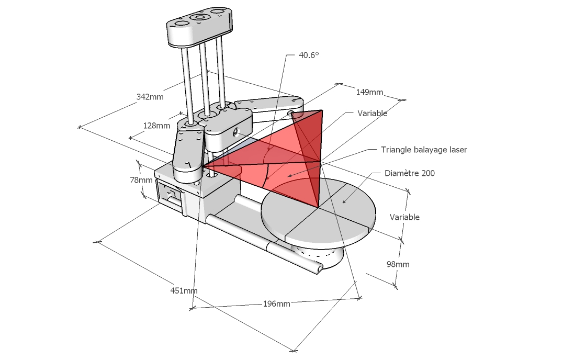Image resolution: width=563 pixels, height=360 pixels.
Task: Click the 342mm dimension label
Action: click(150, 97)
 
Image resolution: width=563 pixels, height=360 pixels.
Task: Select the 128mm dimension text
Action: click(157, 126)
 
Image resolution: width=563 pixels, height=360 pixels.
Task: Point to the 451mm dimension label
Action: click(184, 290)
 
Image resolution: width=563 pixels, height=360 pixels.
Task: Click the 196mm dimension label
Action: click(276, 304)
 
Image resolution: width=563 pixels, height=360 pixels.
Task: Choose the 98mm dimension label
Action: click(398, 264)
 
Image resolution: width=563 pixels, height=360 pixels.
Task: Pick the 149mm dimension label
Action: click(369, 92)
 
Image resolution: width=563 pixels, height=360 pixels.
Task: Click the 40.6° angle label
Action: click(309, 55)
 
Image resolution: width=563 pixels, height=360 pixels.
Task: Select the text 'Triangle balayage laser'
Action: click(424, 150)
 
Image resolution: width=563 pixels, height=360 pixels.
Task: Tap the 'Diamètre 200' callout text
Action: click(410, 173)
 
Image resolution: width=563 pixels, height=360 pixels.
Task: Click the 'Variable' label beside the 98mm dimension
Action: click(404, 217)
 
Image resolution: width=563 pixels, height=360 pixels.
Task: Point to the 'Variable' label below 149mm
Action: click(373, 113)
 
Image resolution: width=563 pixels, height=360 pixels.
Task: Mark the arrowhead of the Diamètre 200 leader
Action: click(343, 201)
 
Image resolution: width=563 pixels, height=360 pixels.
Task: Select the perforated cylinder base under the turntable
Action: click(319, 254)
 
